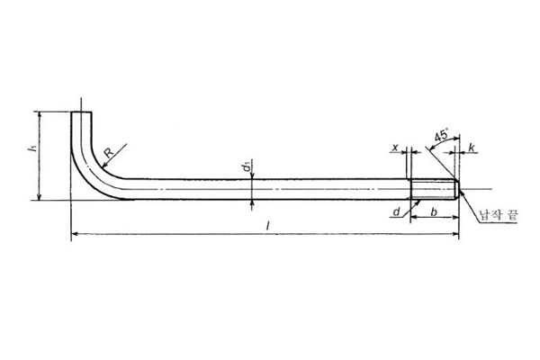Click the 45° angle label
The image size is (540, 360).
click(x=442, y=135)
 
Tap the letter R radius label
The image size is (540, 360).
click(x=109, y=152)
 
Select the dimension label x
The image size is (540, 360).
click(x=395, y=148)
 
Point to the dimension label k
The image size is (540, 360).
click(x=472, y=148)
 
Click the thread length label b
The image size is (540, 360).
click(x=434, y=211)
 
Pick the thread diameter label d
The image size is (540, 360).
click(x=397, y=211)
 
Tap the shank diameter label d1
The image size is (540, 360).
click(x=246, y=167)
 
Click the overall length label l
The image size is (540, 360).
click(x=267, y=226)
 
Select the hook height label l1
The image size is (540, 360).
click(x=31, y=148)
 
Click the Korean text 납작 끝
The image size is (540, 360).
click(x=499, y=216)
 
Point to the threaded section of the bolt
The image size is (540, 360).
click(x=434, y=189)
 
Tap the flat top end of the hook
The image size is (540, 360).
click(x=82, y=112)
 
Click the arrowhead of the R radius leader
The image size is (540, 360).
click(x=103, y=166)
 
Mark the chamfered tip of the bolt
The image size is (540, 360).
click(x=457, y=189)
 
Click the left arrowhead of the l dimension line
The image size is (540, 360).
click(x=74, y=234)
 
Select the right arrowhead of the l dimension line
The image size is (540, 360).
click(x=456, y=234)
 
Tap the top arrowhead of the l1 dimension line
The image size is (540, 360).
click(x=40, y=114)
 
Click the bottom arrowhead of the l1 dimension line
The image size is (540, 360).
click(x=40, y=197)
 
